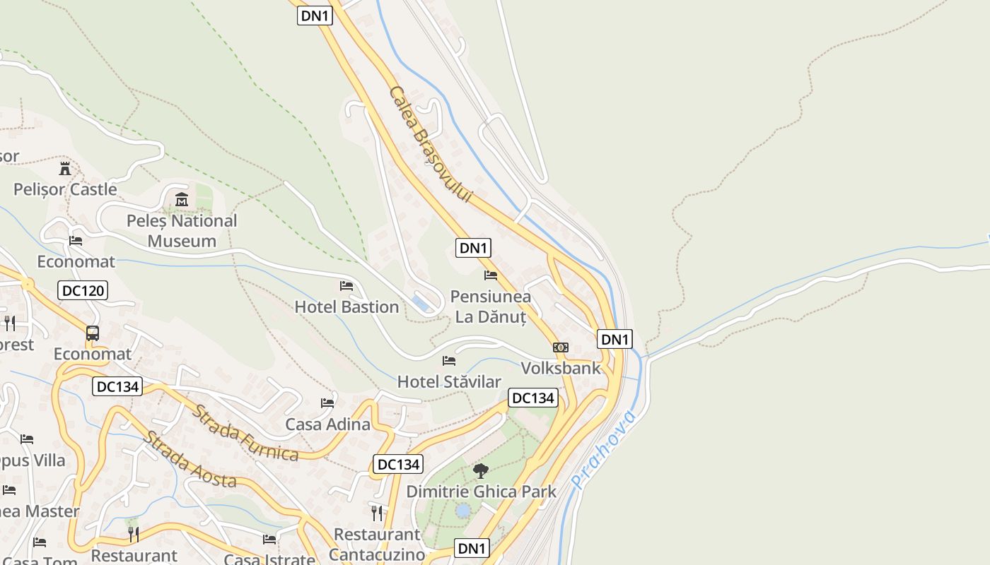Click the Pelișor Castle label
(x=65, y=189)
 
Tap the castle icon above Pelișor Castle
(x=65, y=168)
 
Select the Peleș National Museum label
(x=182, y=231)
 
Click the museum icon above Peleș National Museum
(x=182, y=200)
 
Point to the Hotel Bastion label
(x=346, y=307)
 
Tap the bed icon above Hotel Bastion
(x=346, y=286)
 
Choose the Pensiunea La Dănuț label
(x=491, y=307)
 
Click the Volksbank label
(x=561, y=368)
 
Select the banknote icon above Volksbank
(x=561, y=347)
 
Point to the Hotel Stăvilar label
(x=449, y=382)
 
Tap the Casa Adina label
(x=327, y=424)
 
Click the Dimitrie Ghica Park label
(x=482, y=492)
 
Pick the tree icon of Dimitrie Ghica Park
(x=482, y=470)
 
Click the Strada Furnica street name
(x=246, y=432)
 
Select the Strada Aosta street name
(x=190, y=460)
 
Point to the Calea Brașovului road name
(x=429, y=144)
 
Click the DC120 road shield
(x=83, y=290)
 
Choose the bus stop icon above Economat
(x=93, y=333)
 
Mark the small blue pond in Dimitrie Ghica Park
(x=462, y=510)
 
